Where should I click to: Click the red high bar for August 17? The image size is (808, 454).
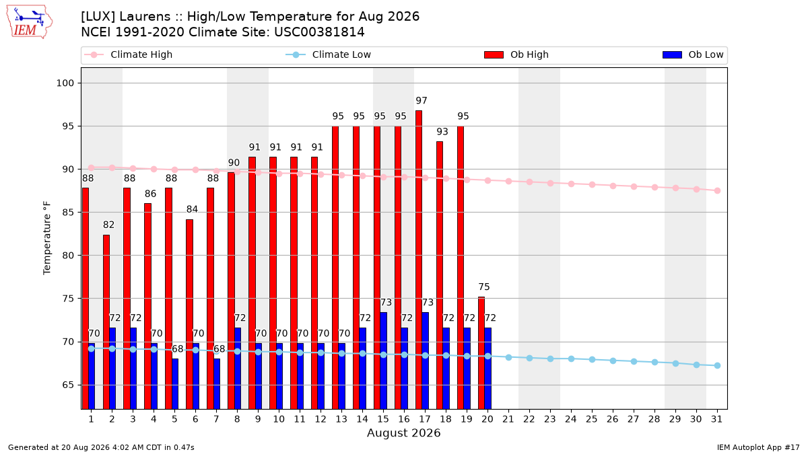(x=419, y=260)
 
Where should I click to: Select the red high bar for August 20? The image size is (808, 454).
(x=481, y=353)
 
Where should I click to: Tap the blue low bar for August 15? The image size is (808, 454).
(x=383, y=361)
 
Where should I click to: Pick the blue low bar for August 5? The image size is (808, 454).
(x=175, y=384)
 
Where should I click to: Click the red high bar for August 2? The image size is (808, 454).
(x=106, y=322)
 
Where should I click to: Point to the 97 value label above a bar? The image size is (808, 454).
(x=422, y=100)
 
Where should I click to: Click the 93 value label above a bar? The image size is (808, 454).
(x=442, y=132)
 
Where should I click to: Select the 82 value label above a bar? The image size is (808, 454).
(x=108, y=225)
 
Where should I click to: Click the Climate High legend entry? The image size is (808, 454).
(x=128, y=54)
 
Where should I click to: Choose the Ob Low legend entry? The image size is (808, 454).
(x=693, y=54)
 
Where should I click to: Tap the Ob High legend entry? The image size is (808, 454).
(x=516, y=54)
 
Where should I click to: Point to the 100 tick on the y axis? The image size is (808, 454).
(x=65, y=83)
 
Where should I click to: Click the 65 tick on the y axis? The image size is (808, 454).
(x=68, y=385)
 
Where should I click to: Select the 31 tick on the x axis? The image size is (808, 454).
(x=716, y=419)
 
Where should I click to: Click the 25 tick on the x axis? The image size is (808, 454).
(x=592, y=419)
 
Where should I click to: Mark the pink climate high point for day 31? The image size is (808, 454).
(x=717, y=190)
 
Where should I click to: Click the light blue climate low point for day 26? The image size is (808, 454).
(x=613, y=361)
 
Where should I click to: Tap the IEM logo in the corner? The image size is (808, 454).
(x=29, y=22)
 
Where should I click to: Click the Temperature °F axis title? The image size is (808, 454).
(x=47, y=238)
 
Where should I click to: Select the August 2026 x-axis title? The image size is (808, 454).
(x=403, y=432)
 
